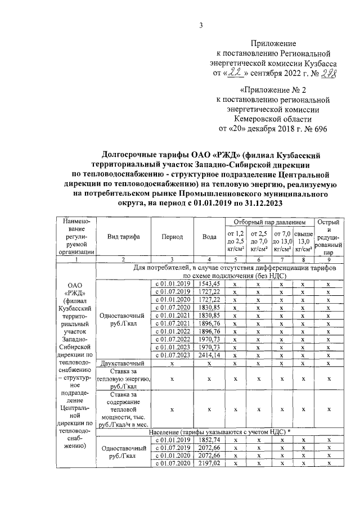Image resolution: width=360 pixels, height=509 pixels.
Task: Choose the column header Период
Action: click(x=172, y=237)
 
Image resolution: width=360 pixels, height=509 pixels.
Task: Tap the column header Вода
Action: click(x=209, y=237)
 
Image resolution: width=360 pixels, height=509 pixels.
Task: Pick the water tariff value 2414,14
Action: click(x=209, y=355)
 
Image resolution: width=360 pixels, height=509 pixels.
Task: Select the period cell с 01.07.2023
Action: click(x=172, y=355)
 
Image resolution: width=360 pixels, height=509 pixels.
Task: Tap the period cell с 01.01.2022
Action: click(x=172, y=331)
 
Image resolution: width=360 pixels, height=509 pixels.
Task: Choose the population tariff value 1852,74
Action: click(x=209, y=439)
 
